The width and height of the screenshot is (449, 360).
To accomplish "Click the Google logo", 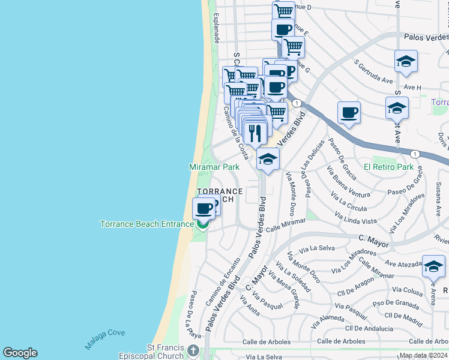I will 20,353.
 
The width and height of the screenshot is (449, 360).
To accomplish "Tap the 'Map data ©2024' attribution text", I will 423,355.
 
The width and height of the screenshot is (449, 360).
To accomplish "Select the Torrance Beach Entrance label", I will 146,224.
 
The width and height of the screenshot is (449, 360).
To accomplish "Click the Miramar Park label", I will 214,167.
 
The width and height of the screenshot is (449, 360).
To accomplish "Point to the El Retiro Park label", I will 388,167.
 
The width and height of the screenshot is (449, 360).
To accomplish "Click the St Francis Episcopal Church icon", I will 193,350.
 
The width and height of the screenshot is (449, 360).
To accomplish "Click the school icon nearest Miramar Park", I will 268,159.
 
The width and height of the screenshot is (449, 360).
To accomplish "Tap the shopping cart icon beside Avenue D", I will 283,11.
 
